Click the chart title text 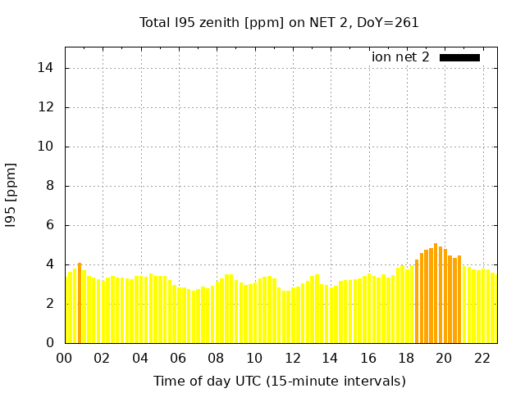[x=279, y=23]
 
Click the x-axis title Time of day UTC [x=279, y=381]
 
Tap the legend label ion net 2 [x=400, y=57]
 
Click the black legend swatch [x=459, y=57]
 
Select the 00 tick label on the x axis [x=65, y=358]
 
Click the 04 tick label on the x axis [x=140, y=358]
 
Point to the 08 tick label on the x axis [x=217, y=358]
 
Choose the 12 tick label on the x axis [x=292, y=358]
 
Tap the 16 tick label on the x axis [x=368, y=358]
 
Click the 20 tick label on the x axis [x=444, y=358]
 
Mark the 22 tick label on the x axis [x=482, y=358]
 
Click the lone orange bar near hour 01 [x=80, y=303]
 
